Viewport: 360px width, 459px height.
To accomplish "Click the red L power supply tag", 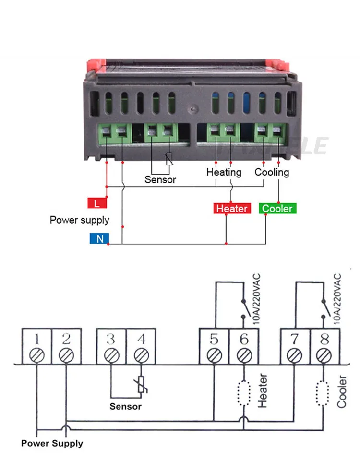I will coord(97,203).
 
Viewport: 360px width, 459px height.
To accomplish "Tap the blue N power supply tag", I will coord(100,238).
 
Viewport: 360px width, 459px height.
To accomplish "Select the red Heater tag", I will coord(232,209).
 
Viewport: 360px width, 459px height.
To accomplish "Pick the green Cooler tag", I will coord(277,209).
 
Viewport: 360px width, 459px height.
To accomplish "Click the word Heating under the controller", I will coord(224,172).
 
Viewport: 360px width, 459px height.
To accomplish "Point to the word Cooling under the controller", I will coord(272,172).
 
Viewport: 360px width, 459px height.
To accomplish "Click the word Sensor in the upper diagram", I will coord(160,180).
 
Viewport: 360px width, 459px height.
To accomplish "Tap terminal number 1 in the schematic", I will coord(36,340).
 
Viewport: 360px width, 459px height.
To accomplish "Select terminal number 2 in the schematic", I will coord(66,340).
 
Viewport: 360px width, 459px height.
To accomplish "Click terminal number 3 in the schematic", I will coord(111,340).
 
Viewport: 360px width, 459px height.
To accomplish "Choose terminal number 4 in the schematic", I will coord(141,340).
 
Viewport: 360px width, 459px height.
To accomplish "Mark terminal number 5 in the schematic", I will coord(214,340).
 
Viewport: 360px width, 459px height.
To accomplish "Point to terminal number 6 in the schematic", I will coord(244,340).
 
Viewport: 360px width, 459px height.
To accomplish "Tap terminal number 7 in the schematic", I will coord(295,340).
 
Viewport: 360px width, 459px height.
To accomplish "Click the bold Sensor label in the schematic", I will coord(126,407).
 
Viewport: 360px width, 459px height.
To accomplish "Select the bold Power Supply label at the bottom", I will coord(52,444).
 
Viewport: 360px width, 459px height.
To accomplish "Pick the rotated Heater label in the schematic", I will coord(263,391).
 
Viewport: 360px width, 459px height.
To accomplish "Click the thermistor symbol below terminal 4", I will coord(141,385).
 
